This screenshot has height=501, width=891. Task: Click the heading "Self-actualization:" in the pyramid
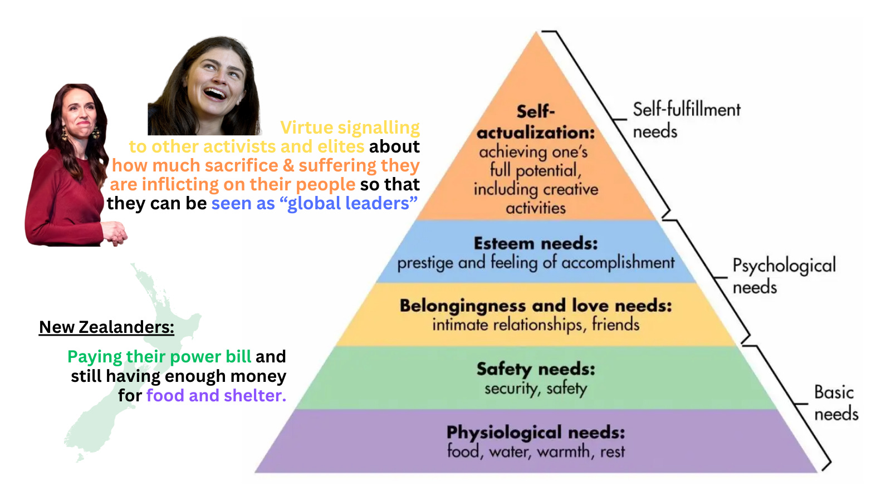(536, 122)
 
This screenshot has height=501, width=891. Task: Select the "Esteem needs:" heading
(536, 243)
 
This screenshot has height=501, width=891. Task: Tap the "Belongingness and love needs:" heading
(536, 306)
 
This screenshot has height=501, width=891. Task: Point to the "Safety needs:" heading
(536, 369)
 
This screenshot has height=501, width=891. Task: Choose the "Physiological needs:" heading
(536, 432)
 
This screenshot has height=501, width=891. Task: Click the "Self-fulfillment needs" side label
(686, 120)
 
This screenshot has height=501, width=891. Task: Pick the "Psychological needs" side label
(784, 276)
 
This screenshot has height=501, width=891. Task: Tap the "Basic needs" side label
(835, 402)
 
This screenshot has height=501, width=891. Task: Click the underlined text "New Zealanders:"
(106, 327)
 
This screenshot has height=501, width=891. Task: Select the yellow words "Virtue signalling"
(350, 127)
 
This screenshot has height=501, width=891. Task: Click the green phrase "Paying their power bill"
(159, 356)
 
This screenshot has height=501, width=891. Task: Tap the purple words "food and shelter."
(216, 395)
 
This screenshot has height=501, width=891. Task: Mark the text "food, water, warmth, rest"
(536, 451)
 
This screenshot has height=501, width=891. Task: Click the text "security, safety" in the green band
(536, 388)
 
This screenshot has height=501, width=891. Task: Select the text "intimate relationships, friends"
(536, 324)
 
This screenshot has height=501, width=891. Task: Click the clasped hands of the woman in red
(116, 232)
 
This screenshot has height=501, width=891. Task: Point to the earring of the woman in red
(65, 134)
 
